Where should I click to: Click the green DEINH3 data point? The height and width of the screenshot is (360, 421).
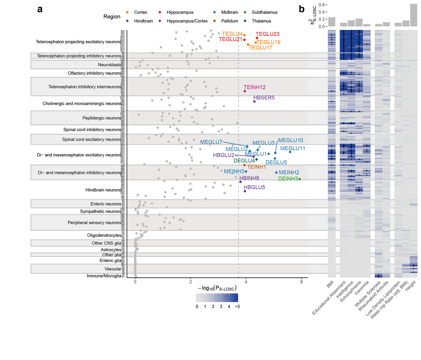point(300,179)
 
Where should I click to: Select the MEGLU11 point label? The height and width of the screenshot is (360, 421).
point(293,148)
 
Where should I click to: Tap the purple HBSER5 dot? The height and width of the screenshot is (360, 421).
point(254,101)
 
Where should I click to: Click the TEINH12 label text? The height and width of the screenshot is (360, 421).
point(254,87)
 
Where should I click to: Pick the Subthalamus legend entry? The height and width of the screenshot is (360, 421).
point(265,12)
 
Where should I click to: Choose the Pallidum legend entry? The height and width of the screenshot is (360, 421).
point(229,21)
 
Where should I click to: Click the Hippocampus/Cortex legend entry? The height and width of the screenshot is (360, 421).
point(187,21)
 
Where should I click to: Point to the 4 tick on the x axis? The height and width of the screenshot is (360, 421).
point(246,282)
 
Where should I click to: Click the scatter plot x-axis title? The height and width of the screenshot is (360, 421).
point(217,288)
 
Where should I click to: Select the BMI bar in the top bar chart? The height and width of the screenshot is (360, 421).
point(332,22)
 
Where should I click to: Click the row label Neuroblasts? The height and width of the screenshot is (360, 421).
point(109,65)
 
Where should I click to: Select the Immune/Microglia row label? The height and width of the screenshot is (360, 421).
point(104,276)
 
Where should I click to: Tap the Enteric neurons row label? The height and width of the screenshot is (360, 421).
point(106,204)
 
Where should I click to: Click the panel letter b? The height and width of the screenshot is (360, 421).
point(302,9)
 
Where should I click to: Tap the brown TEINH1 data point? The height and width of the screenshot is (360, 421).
point(245,165)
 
